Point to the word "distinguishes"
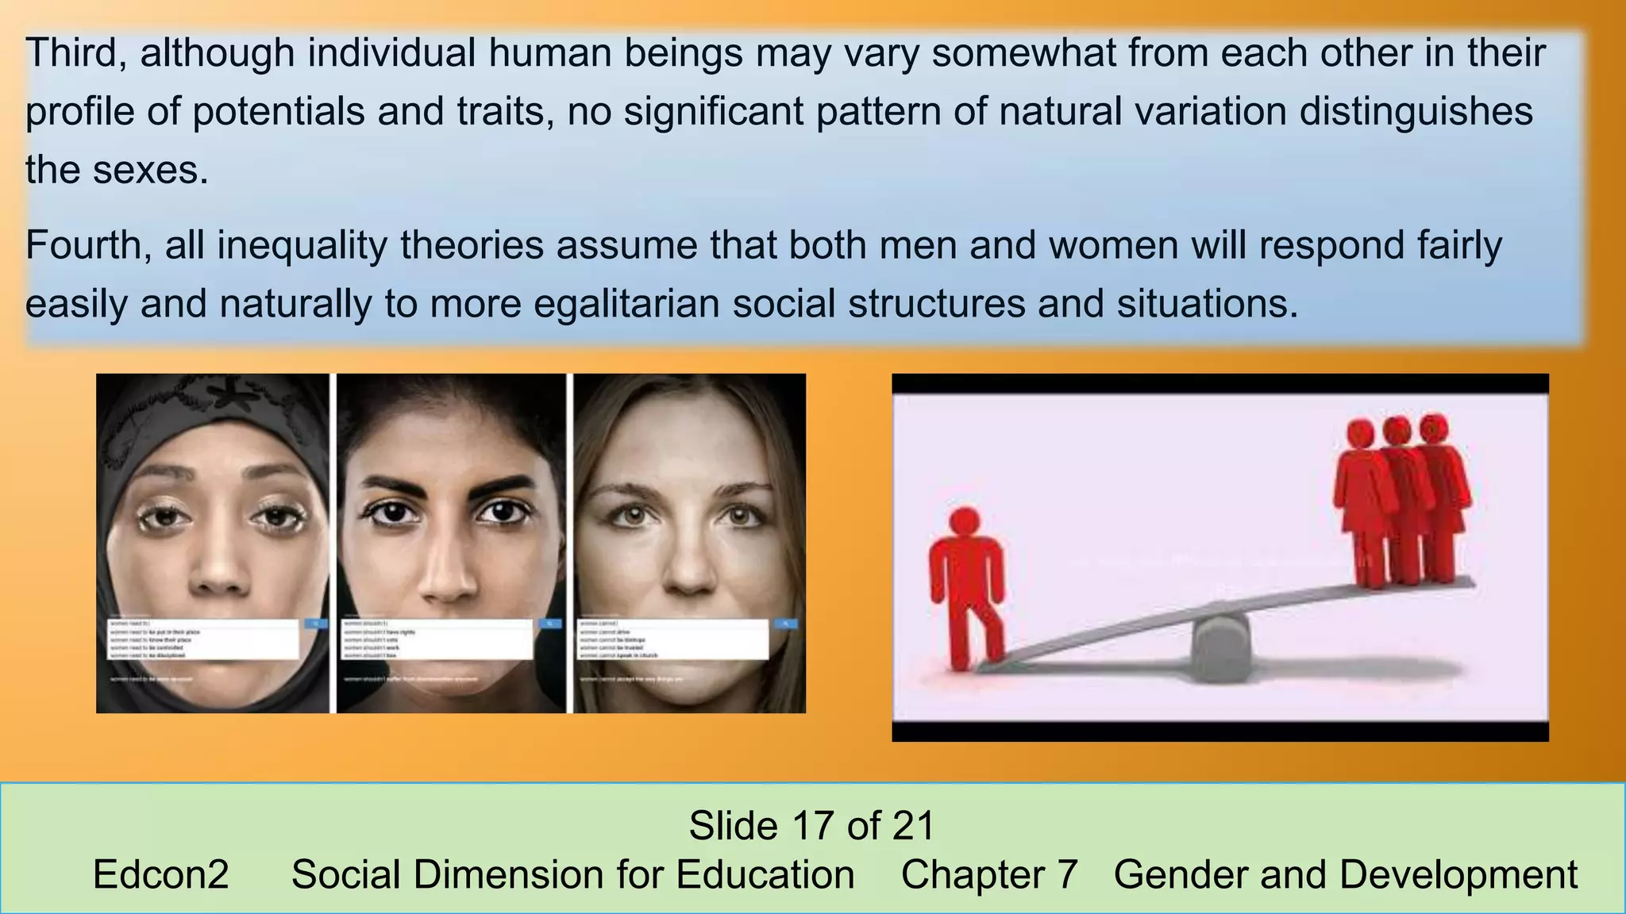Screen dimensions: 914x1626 click(1416, 112)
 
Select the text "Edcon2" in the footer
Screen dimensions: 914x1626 click(160, 875)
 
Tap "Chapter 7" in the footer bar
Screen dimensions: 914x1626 click(989, 875)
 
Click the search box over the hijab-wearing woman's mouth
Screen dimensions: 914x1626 click(204, 639)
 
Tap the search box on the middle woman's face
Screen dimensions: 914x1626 click(437, 639)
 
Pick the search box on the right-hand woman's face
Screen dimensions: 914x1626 click(673, 639)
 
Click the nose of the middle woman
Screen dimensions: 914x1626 click(449, 575)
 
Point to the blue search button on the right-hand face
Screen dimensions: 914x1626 click(785, 624)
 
